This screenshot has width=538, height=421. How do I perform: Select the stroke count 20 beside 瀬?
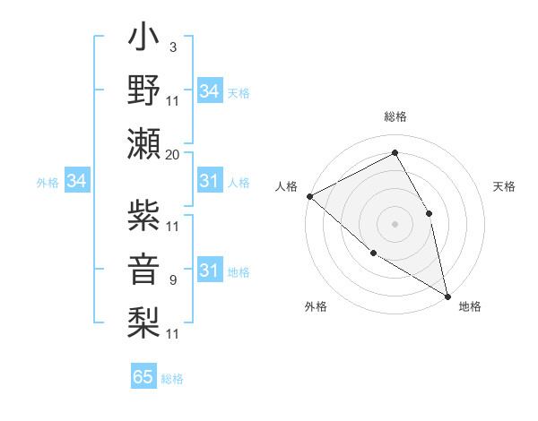click(x=173, y=154)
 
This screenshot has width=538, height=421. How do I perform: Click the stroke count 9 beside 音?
click(x=173, y=280)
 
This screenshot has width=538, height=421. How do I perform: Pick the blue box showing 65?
click(x=143, y=377)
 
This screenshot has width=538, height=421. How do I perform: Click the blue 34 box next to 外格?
click(x=76, y=182)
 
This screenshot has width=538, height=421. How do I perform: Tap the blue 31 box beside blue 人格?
click(x=209, y=182)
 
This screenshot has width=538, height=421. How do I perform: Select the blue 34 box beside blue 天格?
click(x=209, y=91)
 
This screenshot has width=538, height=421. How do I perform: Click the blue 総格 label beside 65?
click(x=172, y=379)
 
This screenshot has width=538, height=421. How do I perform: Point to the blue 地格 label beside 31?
click(x=239, y=272)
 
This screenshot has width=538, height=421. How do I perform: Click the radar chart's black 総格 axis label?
click(x=395, y=116)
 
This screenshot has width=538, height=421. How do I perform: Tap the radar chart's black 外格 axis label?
click(x=316, y=307)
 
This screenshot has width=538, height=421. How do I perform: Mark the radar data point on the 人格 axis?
click(x=309, y=196)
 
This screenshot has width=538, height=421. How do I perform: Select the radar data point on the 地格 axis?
click(x=447, y=295)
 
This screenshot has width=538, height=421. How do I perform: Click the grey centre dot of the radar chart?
click(x=395, y=223)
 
